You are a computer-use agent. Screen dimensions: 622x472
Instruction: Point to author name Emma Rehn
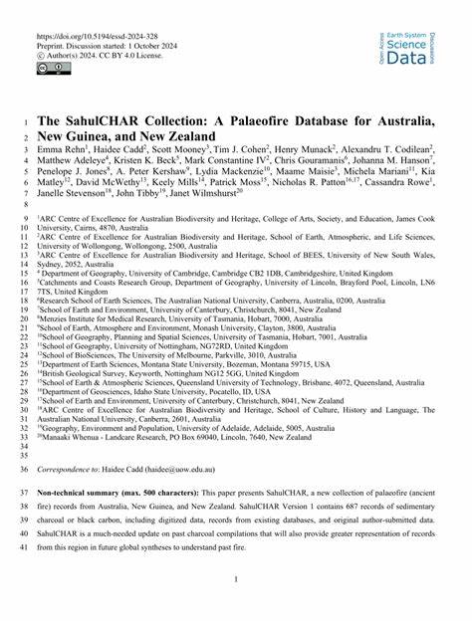[59, 148]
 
